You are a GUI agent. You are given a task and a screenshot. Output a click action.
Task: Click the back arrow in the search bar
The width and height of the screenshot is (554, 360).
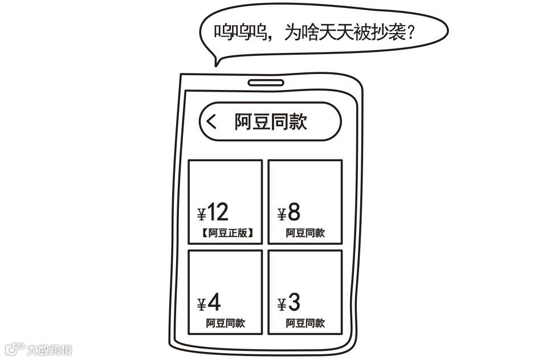click(211, 121)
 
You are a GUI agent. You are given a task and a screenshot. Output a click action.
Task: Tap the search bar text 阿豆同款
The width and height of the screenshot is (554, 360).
click(271, 121)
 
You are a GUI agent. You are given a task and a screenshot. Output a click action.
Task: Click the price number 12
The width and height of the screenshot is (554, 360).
click(218, 212)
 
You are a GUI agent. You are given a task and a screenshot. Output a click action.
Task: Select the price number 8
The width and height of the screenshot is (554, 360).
click(294, 212)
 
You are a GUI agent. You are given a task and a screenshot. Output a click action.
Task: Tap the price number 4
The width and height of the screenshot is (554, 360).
click(214, 303)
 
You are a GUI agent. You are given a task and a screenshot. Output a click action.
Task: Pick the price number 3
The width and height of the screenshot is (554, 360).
click(294, 303)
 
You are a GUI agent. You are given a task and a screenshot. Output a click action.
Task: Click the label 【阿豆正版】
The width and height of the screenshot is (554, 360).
click(226, 232)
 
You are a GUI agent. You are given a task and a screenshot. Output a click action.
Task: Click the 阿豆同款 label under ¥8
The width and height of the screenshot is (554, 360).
click(305, 232)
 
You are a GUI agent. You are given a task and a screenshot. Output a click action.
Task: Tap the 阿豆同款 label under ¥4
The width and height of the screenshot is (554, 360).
click(225, 323)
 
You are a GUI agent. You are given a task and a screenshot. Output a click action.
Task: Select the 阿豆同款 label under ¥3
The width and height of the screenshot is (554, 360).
click(305, 323)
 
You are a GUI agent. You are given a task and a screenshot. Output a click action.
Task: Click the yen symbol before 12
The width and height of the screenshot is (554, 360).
click(201, 215)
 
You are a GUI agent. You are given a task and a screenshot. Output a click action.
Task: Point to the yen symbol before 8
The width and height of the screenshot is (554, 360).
click(282, 215)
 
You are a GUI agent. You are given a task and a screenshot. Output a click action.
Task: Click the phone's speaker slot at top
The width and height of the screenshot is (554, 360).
click(266, 83)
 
